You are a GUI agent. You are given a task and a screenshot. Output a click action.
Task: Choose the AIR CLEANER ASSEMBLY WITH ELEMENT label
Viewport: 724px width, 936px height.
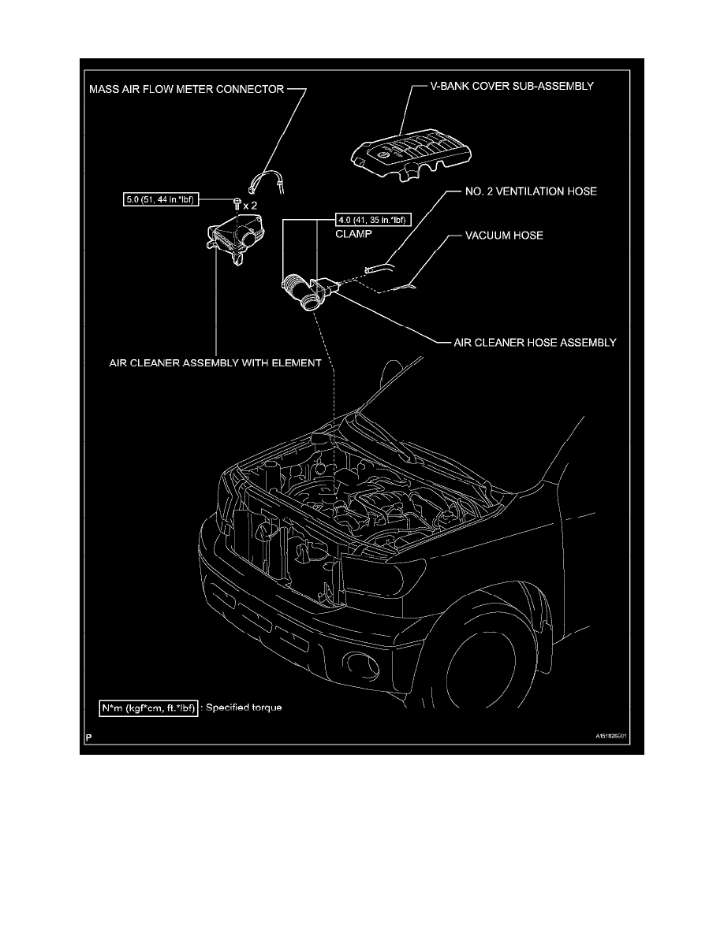[x=215, y=363]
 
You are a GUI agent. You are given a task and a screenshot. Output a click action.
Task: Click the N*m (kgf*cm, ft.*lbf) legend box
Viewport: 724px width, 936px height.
[x=147, y=708]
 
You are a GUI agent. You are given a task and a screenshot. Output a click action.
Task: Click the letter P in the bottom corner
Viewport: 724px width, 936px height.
[x=88, y=740]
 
